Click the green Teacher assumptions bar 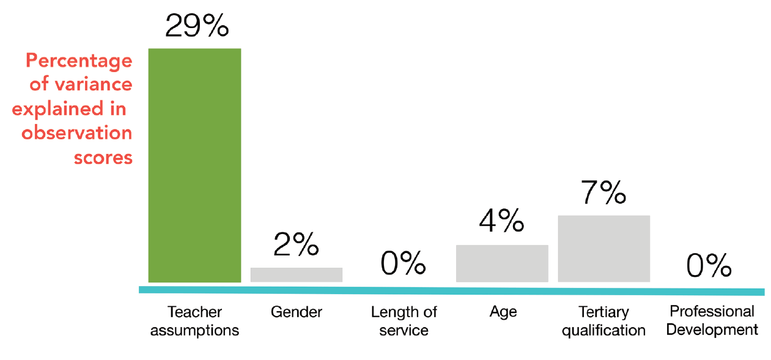point(194,165)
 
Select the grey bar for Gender point(297,274)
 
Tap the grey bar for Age point(502,263)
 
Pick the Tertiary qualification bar point(604,249)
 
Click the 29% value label point(197,25)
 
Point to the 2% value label point(296,244)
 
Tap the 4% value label point(501,220)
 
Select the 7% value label point(603,192)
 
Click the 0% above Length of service point(403,263)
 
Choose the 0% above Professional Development point(709,265)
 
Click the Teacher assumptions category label point(194,321)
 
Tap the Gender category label point(297,312)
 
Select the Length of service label point(404,321)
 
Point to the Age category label point(503,312)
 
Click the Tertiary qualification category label point(603,321)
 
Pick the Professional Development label point(712,321)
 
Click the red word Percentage point(79,61)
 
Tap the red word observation point(77,133)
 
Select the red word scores point(103,158)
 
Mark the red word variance point(94,84)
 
